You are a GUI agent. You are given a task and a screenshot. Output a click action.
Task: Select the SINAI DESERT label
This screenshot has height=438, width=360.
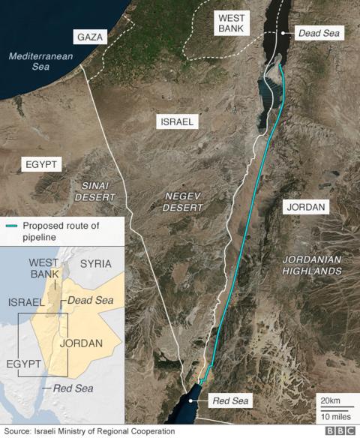coord(94,190)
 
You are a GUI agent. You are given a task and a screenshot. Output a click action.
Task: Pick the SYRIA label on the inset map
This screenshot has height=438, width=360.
coord(95,264)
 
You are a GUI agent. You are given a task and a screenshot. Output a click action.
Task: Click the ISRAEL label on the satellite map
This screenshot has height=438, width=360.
coord(177,121)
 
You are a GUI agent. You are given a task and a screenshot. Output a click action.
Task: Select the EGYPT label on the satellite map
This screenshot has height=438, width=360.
coord(41,164)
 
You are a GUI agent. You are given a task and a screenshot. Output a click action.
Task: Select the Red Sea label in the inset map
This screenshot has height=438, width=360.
coord(72,388)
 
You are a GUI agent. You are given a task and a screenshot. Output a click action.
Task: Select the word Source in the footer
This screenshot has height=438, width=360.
coord(19,431)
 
